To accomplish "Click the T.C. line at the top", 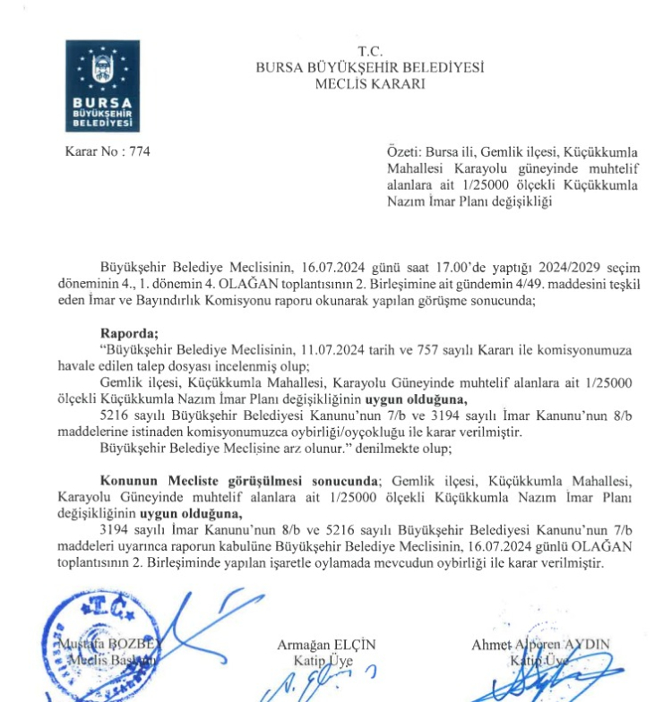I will (369, 50).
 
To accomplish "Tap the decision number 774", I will (139, 151).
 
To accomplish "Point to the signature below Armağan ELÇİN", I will (319, 686).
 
